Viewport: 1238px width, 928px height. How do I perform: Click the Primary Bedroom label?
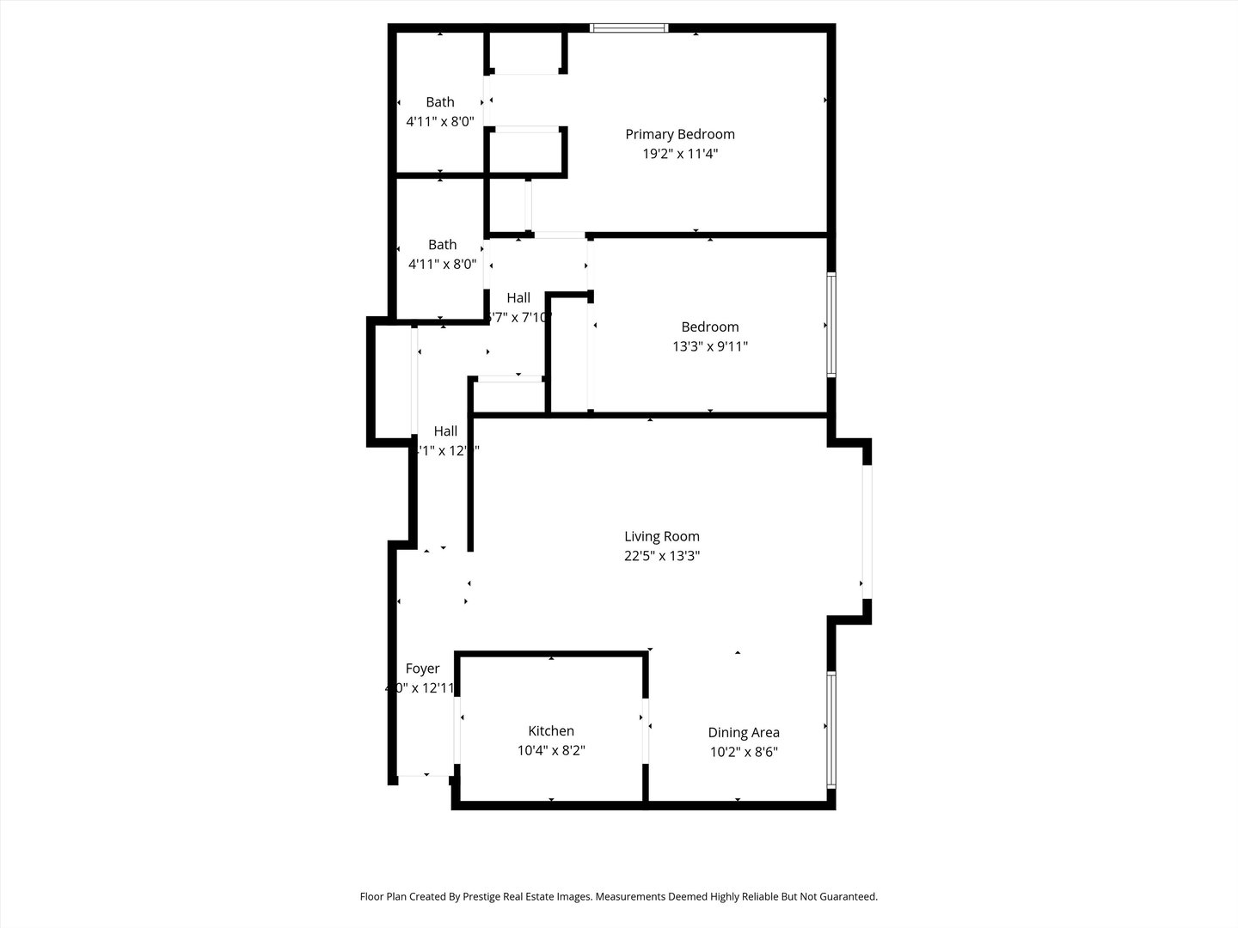(679, 134)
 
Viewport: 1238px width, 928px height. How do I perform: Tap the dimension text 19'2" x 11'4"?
(679, 154)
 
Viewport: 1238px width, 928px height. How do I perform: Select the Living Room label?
(661, 536)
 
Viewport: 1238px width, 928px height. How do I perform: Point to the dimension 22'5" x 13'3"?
(661, 556)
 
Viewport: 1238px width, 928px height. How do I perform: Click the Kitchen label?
(550, 730)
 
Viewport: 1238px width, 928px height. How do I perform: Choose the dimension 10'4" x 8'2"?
(550, 750)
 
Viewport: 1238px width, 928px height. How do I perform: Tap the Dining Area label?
(743, 732)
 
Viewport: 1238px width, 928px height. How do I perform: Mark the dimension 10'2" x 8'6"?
(743, 752)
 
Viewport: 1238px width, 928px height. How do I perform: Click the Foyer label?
(422, 669)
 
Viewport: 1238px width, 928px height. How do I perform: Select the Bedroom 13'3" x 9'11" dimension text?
(709, 346)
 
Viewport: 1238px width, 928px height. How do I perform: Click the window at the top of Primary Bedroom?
(629, 28)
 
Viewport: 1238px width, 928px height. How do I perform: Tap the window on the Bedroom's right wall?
(830, 325)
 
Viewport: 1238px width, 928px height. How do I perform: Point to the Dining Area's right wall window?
(830, 730)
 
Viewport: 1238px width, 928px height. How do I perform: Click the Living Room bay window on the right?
(867, 531)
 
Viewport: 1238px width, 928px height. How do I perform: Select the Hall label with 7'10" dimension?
(518, 297)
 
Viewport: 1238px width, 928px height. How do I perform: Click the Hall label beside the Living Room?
(445, 430)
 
